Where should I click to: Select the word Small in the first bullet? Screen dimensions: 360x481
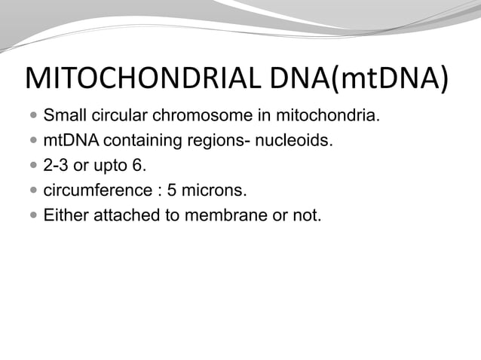(x=64, y=117)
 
